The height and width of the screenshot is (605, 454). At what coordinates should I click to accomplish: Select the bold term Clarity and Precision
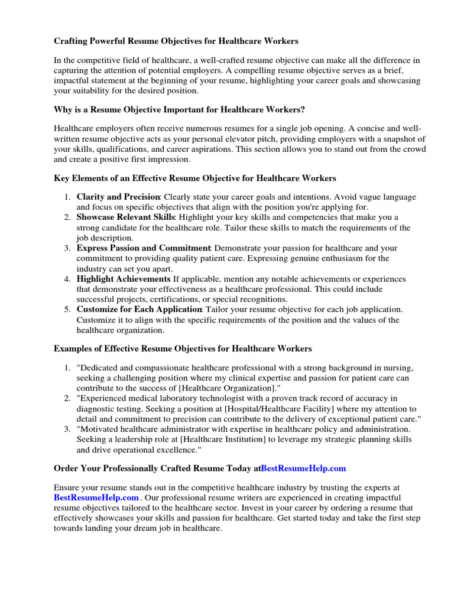(118, 197)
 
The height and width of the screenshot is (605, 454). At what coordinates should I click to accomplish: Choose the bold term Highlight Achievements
(124, 279)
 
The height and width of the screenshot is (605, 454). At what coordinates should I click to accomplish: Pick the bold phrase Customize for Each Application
(140, 310)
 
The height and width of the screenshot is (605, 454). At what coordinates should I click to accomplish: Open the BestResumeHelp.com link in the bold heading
(303, 468)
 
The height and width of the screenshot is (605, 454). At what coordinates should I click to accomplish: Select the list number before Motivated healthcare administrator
(68, 429)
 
